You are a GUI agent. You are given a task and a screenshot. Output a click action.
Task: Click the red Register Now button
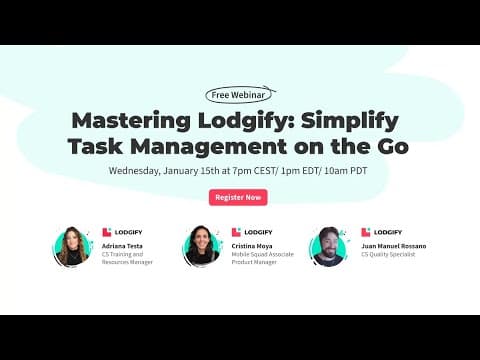238,197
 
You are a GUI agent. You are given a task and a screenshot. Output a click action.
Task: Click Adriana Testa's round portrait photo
72,246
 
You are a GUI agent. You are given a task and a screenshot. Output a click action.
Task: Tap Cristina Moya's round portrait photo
201,246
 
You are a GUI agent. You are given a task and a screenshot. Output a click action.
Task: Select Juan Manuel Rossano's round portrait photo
330,246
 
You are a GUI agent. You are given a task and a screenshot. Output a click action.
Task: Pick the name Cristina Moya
251,245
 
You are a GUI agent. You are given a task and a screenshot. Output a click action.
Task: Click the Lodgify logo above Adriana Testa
121,232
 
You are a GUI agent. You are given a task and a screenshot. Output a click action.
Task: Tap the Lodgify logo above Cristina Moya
250,232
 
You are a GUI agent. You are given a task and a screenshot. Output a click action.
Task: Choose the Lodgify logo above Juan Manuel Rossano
380,232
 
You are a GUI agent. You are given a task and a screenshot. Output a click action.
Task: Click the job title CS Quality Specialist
389,254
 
